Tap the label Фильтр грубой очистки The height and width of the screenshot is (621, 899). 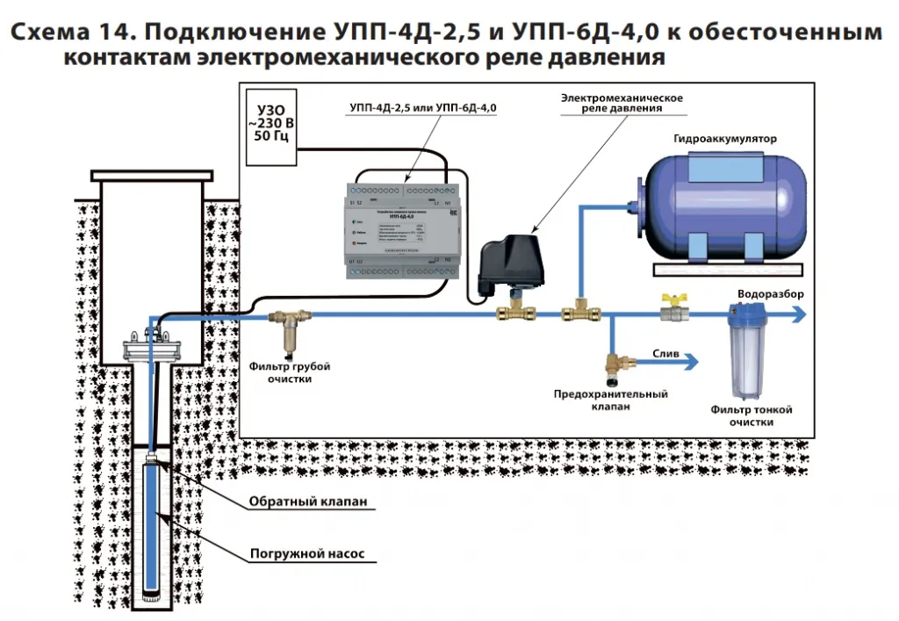pyautogui.click(x=290, y=372)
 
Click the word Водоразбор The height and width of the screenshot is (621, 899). pyautogui.click(x=769, y=293)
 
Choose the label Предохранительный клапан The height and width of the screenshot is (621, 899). pyautogui.click(x=611, y=401)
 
